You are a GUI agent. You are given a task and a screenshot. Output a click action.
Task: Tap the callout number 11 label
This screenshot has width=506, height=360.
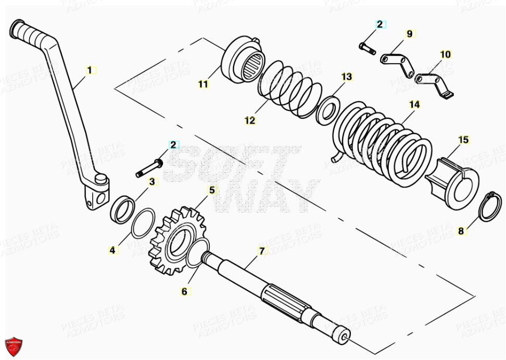pos(203,83)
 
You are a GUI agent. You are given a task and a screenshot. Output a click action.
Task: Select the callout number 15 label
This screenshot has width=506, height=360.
pos(463,140)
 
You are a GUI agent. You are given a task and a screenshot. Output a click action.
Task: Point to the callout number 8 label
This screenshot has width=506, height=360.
pos(461,231)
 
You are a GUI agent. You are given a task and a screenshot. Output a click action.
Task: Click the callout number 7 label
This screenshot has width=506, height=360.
pos(262,251)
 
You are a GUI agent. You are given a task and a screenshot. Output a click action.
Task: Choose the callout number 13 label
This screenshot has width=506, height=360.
pos(347,77)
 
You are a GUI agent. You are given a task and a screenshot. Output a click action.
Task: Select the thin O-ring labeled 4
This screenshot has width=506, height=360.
pos(143,222)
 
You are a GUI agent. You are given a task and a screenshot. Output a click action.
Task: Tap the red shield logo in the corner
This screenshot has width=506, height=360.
pos(14,346)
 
